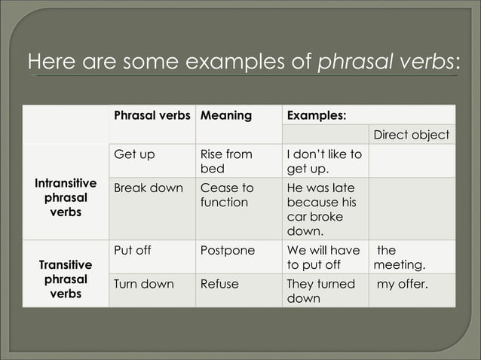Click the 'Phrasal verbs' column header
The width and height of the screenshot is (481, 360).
tap(152, 116)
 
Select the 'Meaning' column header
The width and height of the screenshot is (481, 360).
tap(225, 116)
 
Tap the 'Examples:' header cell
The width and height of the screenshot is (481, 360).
tap(317, 116)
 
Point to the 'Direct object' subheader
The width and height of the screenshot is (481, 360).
tap(412, 135)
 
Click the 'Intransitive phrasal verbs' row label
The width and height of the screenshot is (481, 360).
tap(66, 198)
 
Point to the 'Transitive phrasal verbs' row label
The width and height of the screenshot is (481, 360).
tap(66, 279)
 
